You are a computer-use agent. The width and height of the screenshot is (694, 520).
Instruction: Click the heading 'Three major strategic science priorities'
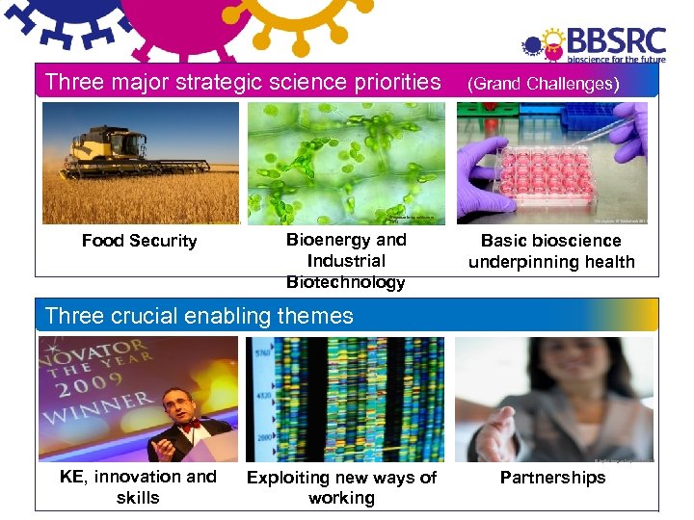point(242,82)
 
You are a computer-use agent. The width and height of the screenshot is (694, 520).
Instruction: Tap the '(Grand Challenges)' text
point(543,84)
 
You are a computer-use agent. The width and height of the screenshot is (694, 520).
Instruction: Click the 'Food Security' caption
point(139,241)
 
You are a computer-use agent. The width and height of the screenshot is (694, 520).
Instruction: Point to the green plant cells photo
point(346,162)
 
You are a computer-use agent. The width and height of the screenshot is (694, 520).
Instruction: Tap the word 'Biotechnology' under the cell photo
point(346,282)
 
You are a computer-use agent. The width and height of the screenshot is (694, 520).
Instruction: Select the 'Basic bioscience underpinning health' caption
point(551,251)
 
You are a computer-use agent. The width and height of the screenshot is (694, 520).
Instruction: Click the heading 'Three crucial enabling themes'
point(199,316)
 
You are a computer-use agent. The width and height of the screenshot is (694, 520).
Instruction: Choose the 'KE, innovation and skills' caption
point(138,486)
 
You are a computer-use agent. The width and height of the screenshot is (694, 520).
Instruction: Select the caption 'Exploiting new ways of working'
point(341,487)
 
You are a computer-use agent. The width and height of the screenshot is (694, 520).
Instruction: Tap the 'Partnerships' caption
point(552,478)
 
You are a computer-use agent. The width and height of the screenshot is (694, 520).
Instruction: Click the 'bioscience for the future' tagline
point(616,58)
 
